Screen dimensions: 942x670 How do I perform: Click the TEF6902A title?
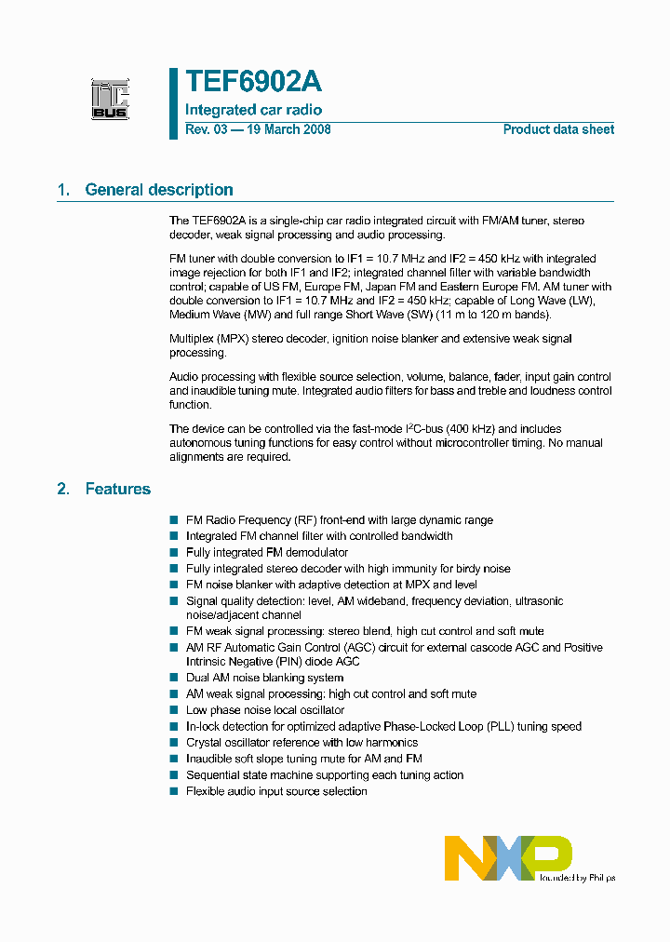pos(253,83)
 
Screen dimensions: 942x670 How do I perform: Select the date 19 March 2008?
pos(288,129)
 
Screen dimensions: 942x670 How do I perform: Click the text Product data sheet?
pos(558,129)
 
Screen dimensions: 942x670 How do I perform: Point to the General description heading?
pos(158,190)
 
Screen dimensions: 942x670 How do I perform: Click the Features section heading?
pos(117,489)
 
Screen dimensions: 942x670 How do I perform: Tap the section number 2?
pos(63,489)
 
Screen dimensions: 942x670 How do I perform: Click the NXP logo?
pos(508,857)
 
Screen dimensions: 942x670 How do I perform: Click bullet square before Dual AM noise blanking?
pos(173,678)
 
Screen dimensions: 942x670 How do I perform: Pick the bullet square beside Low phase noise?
pos(173,710)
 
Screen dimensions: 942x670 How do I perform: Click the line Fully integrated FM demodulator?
pos(266,552)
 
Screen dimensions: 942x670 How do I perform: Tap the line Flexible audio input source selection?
pos(276,791)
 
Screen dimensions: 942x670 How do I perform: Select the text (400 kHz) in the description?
pos(471,429)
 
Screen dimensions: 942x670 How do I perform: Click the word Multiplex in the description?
pos(192,339)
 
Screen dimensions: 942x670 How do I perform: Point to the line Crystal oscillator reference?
pos(301,743)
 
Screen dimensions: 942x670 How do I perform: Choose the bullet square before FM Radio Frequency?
pos(173,520)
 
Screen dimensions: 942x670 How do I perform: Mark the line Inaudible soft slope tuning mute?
pos(303,759)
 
